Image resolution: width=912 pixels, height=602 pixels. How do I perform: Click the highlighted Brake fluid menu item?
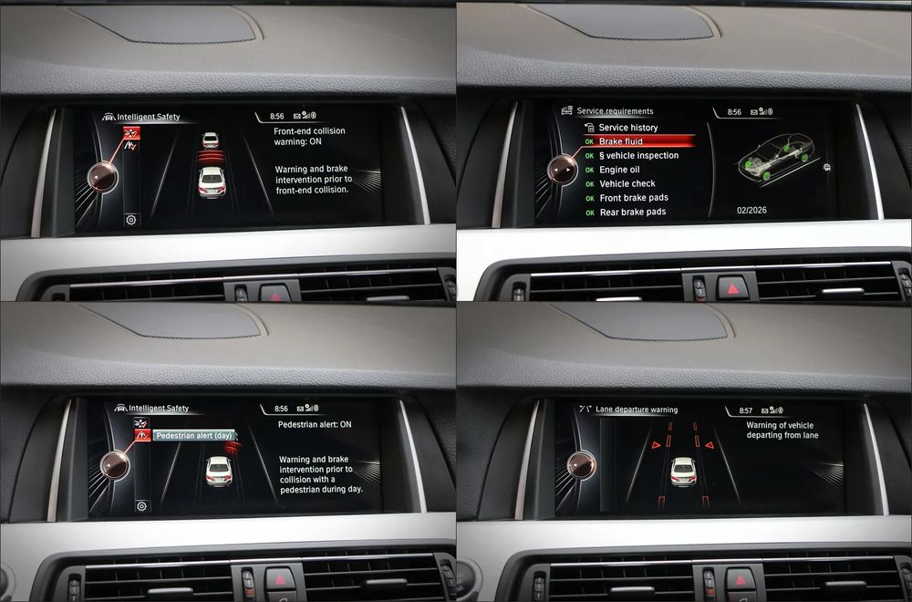pos(620,141)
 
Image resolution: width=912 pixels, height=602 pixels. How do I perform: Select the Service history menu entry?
pos(628,128)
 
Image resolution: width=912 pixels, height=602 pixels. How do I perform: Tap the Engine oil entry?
pos(619,170)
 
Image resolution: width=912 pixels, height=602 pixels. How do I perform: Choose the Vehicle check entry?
pos(627,184)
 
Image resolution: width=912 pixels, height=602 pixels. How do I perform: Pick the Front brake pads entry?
pos(634,198)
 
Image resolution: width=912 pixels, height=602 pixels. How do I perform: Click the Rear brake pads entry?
pos(633,213)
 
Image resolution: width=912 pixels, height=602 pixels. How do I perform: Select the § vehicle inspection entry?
pos(638,155)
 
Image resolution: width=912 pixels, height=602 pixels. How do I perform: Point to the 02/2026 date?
pos(751,211)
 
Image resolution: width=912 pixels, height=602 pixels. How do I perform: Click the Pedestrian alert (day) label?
pos(193,436)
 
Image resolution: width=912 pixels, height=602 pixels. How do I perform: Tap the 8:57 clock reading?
pos(746,410)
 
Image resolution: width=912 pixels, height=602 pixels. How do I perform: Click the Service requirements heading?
pos(615,111)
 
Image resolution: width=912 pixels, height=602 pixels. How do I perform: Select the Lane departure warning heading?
pos(637,410)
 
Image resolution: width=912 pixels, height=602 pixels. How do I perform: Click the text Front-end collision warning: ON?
pos(309,136)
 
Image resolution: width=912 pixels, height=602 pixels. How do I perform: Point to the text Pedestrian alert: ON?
pos(315,425)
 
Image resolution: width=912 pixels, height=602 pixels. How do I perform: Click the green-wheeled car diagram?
pos(775,157)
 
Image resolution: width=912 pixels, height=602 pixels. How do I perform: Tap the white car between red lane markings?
pos(683,472)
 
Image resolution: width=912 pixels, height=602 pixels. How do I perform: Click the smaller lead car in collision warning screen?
pos(210,140)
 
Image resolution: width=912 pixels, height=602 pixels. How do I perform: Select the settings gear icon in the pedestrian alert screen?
pos(141,506)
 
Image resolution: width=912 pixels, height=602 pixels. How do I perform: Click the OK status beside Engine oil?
pos(589,171)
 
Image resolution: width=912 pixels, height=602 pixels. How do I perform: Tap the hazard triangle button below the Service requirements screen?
pos(732,288)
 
